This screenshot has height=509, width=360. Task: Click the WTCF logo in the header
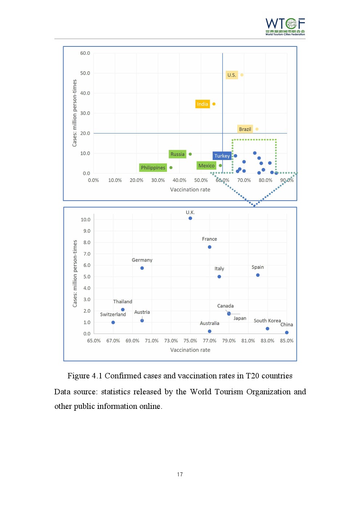pos(285,26)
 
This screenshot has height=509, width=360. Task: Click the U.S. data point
pos(242,75)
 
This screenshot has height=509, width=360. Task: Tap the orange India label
pos(202,104)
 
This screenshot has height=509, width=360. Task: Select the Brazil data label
pos(245,129)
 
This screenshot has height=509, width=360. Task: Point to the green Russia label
pos(177,154)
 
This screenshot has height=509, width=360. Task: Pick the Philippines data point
pos(171,168)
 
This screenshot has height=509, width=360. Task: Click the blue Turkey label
pos(222,156)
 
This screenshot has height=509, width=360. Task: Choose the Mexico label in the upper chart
pos(206,166)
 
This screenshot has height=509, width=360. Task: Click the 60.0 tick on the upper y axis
pos(85,53)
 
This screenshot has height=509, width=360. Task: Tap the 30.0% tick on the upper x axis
pos(158,180)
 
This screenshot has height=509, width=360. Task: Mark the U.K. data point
pos(190,218)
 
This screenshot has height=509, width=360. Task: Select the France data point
pos(210,247)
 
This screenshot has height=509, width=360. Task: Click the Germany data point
pos(142,268)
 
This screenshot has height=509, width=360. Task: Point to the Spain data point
pos(258,275)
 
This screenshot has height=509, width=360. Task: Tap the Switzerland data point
pos(113,323)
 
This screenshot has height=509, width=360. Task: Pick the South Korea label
pos(267,321)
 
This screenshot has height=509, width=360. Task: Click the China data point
pos(287,332)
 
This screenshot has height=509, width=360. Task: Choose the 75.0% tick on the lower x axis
pos(190,341)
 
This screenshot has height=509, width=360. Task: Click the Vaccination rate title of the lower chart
pos(190,350)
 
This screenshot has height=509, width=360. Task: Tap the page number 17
pos(180,475)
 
